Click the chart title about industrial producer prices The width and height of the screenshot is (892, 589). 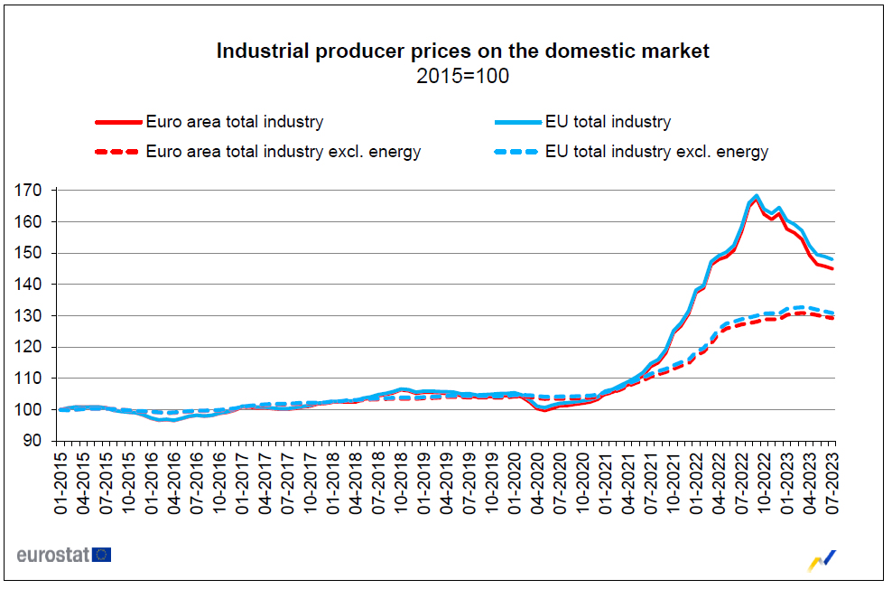[462, 51]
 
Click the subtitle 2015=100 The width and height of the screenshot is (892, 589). [462, 77]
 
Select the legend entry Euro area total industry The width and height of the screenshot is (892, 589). [234, 121]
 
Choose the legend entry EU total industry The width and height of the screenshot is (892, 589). [608, 121]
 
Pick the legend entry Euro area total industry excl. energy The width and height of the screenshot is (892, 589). [283, 152]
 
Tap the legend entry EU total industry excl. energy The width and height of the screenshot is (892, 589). [656, 152]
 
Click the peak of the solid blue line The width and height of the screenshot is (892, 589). [757, 196]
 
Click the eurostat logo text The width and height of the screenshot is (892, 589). [52, 555]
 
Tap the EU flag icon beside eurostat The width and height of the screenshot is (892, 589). [102, 555]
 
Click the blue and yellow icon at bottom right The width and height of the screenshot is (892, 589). [821, 560]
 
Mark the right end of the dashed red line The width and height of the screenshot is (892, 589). [832, 318]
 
